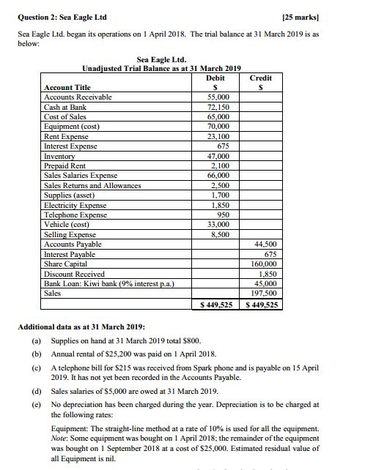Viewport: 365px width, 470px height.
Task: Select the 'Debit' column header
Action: tap(215, 77)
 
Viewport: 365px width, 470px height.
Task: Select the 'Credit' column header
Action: tap(261, 77)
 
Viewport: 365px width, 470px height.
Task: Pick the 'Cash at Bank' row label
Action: tap(65, 107)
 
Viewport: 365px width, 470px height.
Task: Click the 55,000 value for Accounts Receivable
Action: tap(218, 97)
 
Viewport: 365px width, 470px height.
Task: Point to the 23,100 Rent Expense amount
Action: tap(218, 136)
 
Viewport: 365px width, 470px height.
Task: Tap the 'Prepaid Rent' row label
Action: tap(66, 165)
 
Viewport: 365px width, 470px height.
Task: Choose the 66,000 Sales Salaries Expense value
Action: tap(218, 176)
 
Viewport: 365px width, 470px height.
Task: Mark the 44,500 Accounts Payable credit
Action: tap(262, 244)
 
